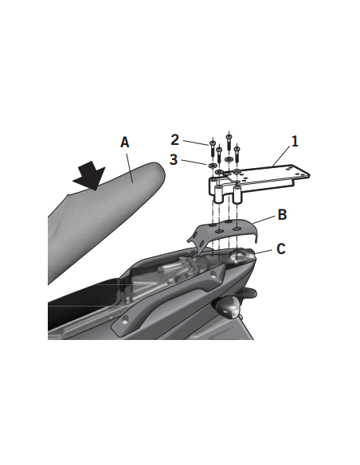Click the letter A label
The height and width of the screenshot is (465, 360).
click(x=124, y=143)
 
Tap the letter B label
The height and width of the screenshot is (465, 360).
click(x=282, y=215)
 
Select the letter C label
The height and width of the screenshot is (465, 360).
click(x=280, y=248)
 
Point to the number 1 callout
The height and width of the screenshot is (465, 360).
click(x=294, y=142)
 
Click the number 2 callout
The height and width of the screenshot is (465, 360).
click(x=174, y=139)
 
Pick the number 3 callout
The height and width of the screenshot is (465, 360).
click(x=174, y=159)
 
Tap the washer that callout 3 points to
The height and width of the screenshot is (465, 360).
click(x=212, y=166)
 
